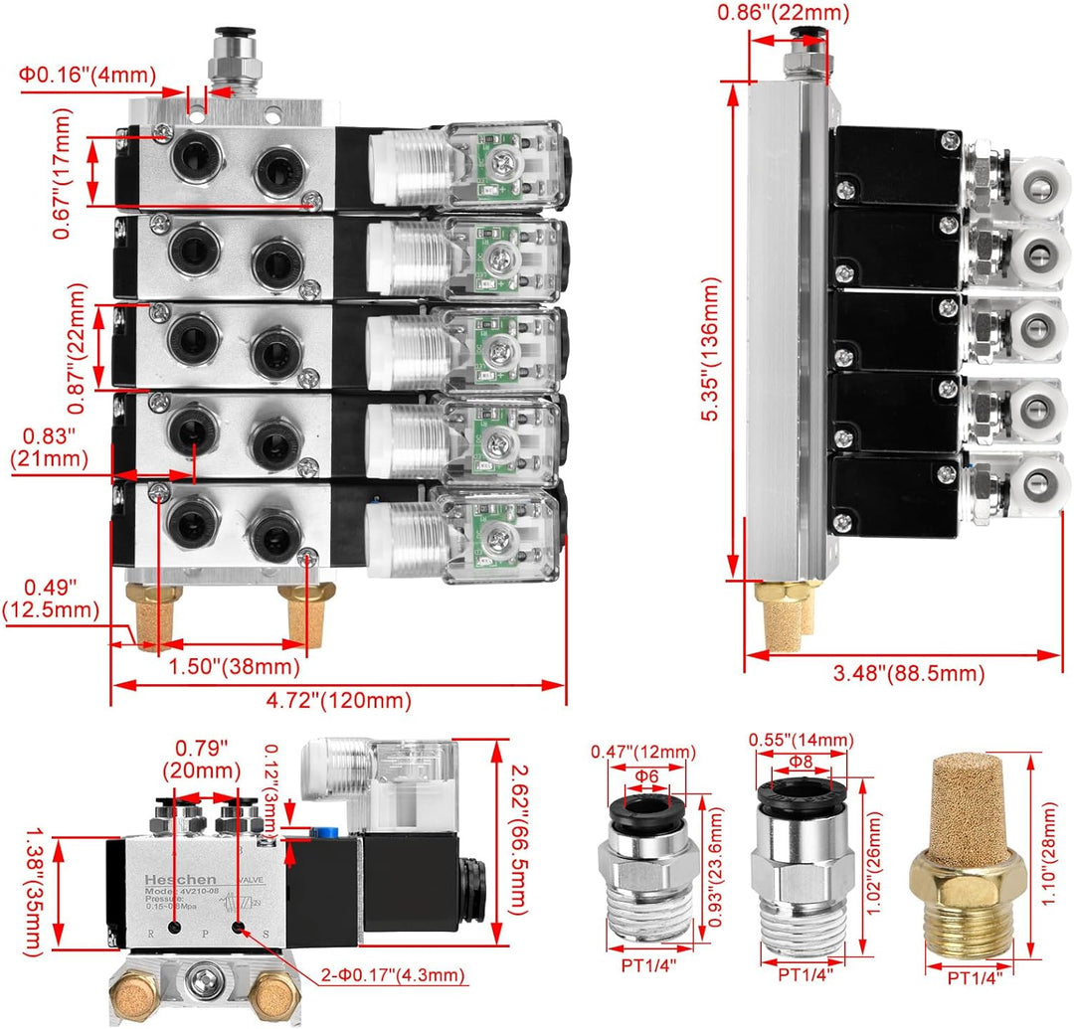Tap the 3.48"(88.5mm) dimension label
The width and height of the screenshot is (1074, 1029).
click(906, 673)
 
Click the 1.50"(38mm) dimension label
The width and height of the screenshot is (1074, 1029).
click(233, 665)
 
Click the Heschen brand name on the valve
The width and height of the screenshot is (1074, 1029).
click(174, 881)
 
